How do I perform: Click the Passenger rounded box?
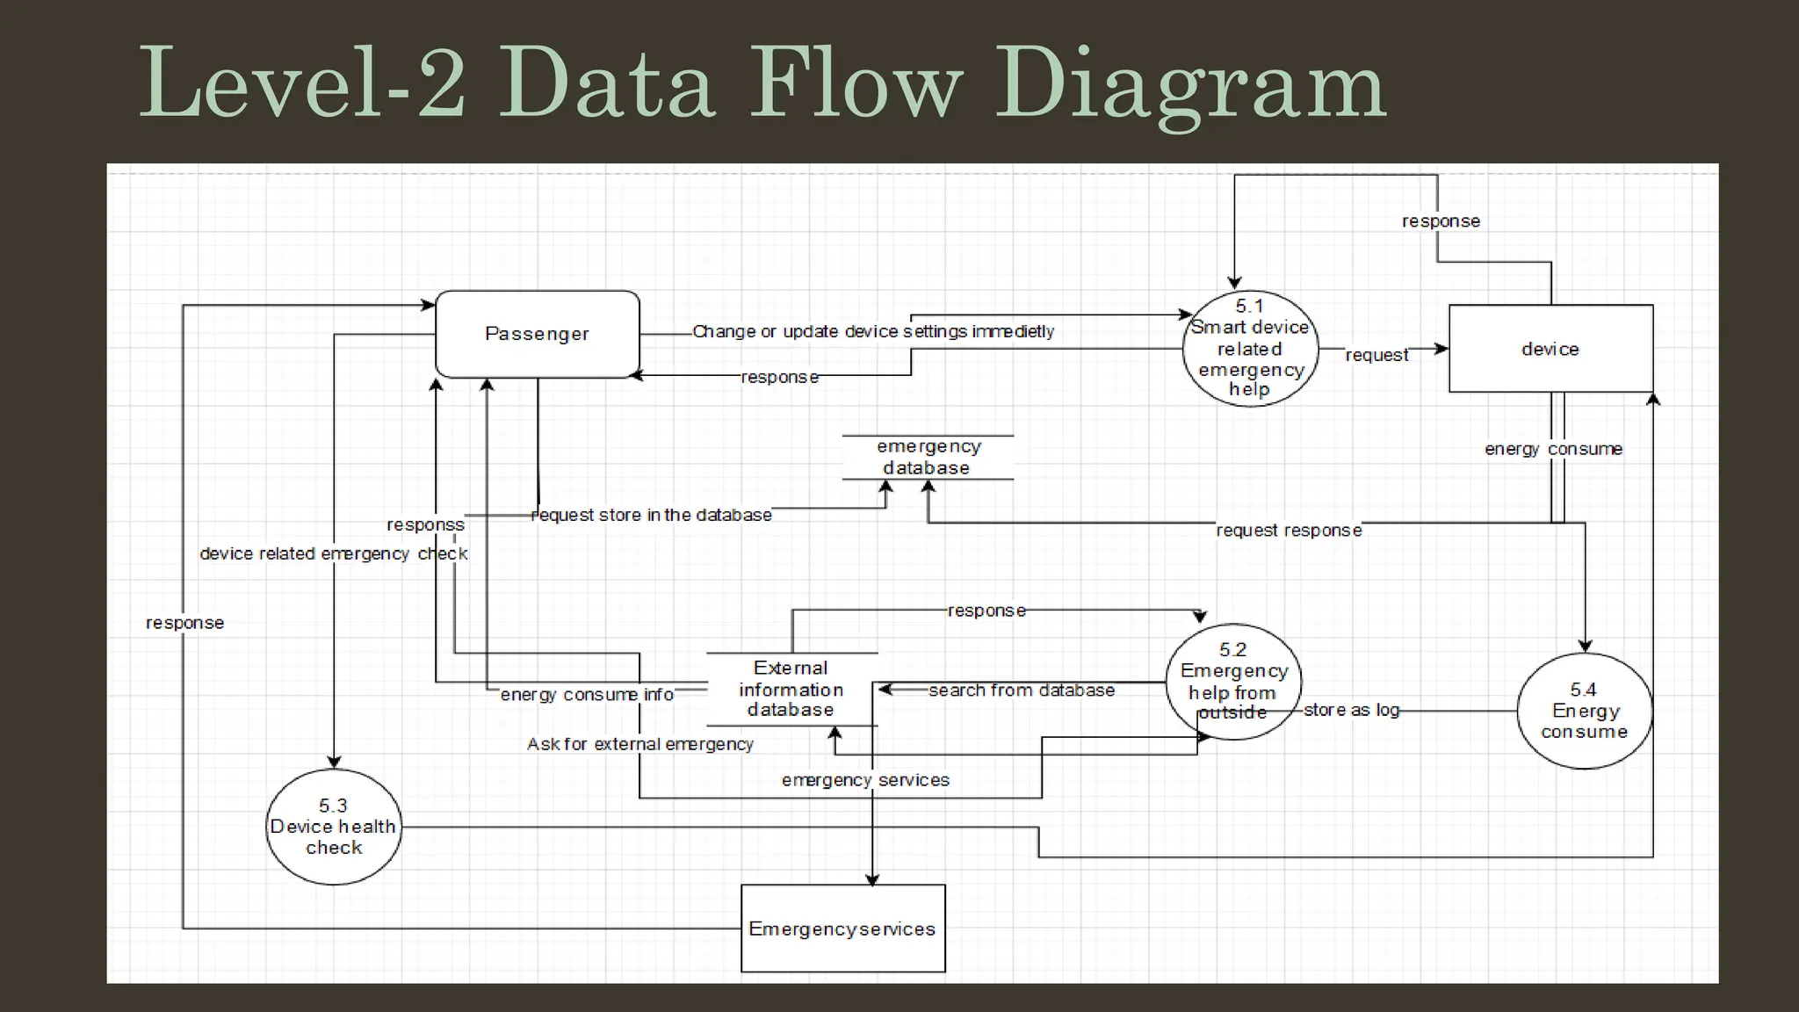pyautogui.click(x=537, y=334)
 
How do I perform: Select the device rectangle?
pyautogui.click(x=1550, y=349)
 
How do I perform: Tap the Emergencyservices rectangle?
pyautogui.click(x=842, y=929)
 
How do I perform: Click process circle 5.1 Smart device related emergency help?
pyautogui.click(x=1249, y=349)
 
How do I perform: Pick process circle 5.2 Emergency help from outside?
pyautogui.click(x=1233, y=682)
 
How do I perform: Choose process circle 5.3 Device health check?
pyautogui.click(x=333, y=827)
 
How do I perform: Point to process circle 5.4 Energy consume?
pyautogui.click(x=1584, y=711)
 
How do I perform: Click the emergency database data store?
pyautogui.click(x=928, y=458)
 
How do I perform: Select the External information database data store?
pyautogui.click(x=791, y=690)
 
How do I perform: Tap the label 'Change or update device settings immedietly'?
pyautogui.click(x=873, y=331)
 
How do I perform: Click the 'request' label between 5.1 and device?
pyautogui.click(x=1376, y=355)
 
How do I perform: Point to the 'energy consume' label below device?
pyautogui.click(x=1553, y=449)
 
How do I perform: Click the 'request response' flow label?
pyautogui.click(x=1289, y=531)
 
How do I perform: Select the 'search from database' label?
pyautogui.click(x=1022, y=690)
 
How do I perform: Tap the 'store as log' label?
pyautogui.click(x=1351, y=710)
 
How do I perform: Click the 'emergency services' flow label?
pyautogui.click(x=865, y=780)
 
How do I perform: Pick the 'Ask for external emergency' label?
pyautogui.click(x=639, y=744)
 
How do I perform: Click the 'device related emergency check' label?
pyautogui.click(x=333, y=553)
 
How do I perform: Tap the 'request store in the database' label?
pyautogui.click(x=652, y=515)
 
